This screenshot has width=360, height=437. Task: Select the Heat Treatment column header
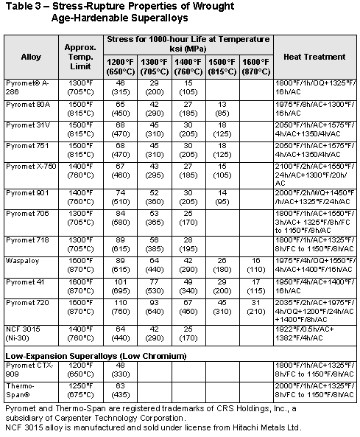pos(314,56)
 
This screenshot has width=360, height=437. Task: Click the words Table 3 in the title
pos(21,7)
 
